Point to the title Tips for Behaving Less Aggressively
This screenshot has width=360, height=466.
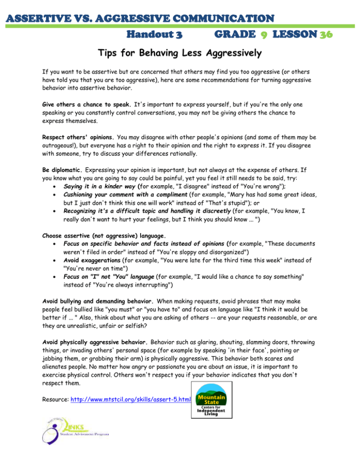180,54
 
